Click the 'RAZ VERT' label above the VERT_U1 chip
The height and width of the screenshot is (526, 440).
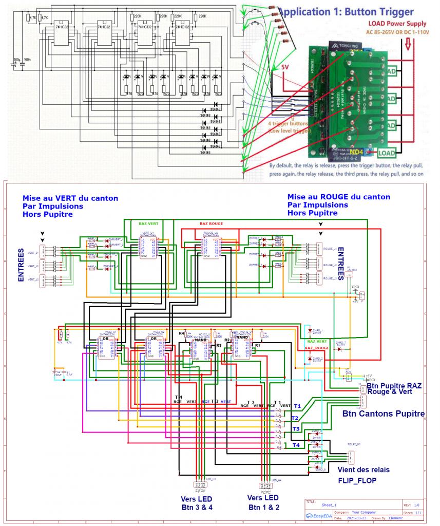(x=149, y=223)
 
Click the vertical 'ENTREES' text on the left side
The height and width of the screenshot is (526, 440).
(x=21, y=265)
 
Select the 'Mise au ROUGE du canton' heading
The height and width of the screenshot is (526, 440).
(x=338, y=197)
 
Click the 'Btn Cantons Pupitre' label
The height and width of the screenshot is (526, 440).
(x=383, y=413)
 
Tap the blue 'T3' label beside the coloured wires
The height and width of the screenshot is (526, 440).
(x=296, y=428)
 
